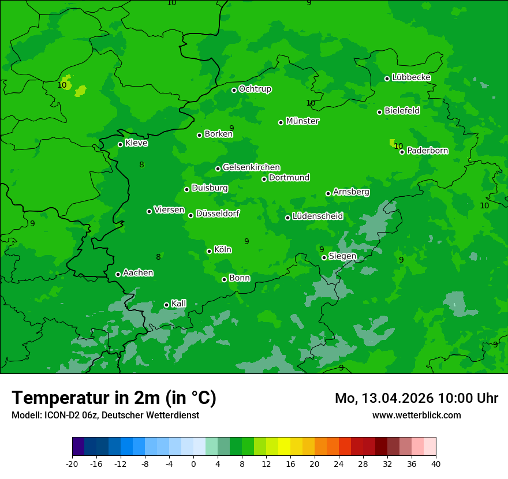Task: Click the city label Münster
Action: coord(302,121)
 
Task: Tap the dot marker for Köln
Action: coord(209,251)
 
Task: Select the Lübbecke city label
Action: coord(411,77)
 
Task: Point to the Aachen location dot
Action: coord(118,274)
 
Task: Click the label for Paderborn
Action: coord(427,151)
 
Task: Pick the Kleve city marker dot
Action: coord(120,144)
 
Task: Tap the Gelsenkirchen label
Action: coord(251,167)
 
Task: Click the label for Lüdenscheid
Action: coord(317,216)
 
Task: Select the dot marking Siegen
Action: coord(324,257)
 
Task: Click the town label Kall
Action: coord(178,304)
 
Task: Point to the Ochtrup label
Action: coord(255,89)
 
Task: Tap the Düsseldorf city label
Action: coord(218,214)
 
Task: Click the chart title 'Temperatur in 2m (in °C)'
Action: coord(114,398)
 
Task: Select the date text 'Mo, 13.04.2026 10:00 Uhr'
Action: coord(416,398)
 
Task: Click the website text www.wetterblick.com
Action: coord(416,415)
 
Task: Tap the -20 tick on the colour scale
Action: coord(72,464)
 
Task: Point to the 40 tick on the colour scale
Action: coord(436,464)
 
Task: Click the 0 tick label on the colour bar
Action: coord(193,464)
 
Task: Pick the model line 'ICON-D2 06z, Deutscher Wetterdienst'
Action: coord(105,415)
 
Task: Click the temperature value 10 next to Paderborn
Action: coord(398,146)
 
